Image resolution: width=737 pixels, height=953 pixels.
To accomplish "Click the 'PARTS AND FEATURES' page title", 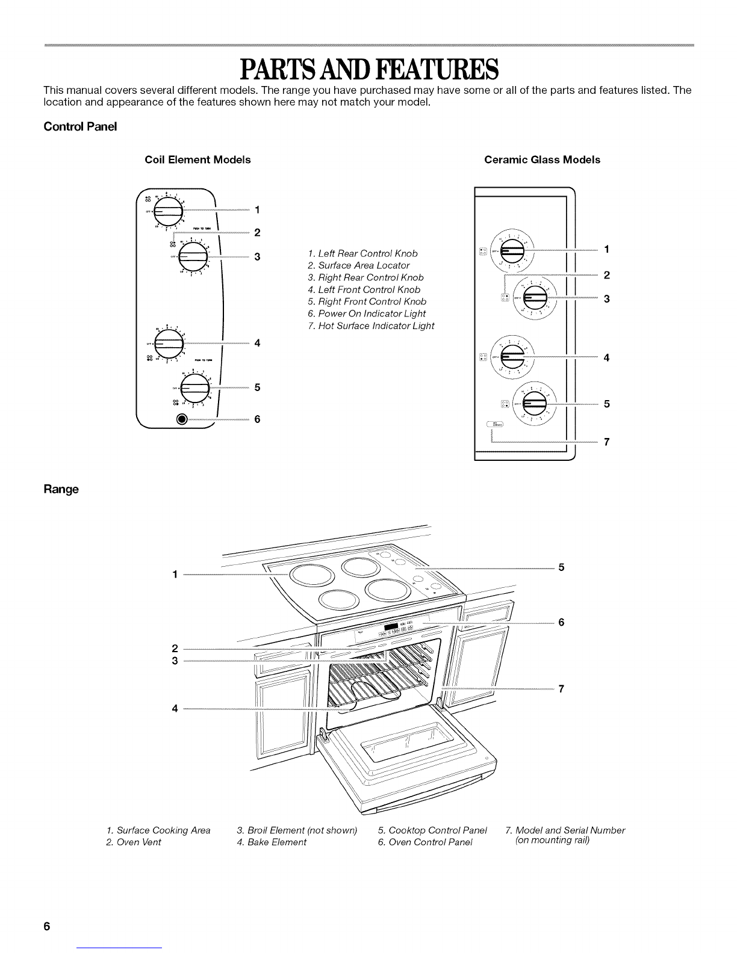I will point(368,69).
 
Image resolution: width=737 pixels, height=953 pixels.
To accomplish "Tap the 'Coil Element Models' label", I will point(197,160).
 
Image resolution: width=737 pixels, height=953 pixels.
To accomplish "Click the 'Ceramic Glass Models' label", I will point(542,160).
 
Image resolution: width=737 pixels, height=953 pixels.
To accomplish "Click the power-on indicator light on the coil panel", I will point(180,419).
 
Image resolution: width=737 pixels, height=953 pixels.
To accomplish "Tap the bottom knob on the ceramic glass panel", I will point(535,403).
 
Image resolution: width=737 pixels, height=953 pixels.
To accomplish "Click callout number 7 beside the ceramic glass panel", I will point(607,443).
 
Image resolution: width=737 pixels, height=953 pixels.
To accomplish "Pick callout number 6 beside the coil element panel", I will point(257,419).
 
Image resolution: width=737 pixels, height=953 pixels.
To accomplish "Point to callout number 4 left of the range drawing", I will point(175,708).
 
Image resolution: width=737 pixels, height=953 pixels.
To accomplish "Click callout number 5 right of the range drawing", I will point(561,567).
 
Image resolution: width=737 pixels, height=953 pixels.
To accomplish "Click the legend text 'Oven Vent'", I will point(138,842).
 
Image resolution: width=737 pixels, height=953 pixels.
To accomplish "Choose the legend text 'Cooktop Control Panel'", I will point(437,831).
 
